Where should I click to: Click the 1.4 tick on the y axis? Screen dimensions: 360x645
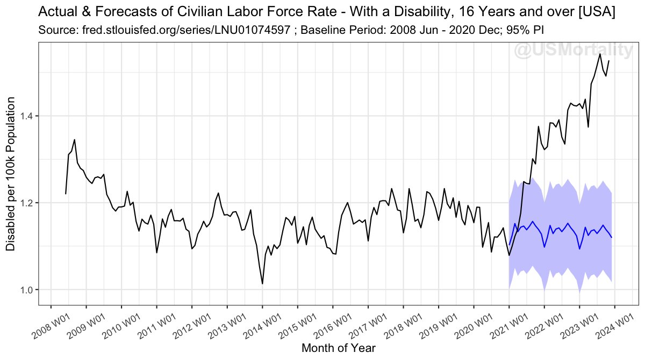click(x=27, y=116)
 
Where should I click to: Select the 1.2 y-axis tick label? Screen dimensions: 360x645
click(x=27, y=203)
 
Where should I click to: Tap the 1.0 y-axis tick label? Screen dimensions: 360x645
click(x=27, y=290)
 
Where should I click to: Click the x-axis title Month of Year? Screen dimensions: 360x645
click(x=338, y=348)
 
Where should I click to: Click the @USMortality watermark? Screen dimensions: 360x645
click(x=573, y=51)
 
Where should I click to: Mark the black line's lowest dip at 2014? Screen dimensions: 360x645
click(x=262, y=284)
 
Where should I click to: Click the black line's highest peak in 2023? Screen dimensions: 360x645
click(x=599, y=54)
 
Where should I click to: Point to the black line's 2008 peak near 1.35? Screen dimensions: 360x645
click(x=74, y=140)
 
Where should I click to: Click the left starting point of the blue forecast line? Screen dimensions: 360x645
click(x=509, y=245)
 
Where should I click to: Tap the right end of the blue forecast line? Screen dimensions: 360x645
click(x=612, y=237)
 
